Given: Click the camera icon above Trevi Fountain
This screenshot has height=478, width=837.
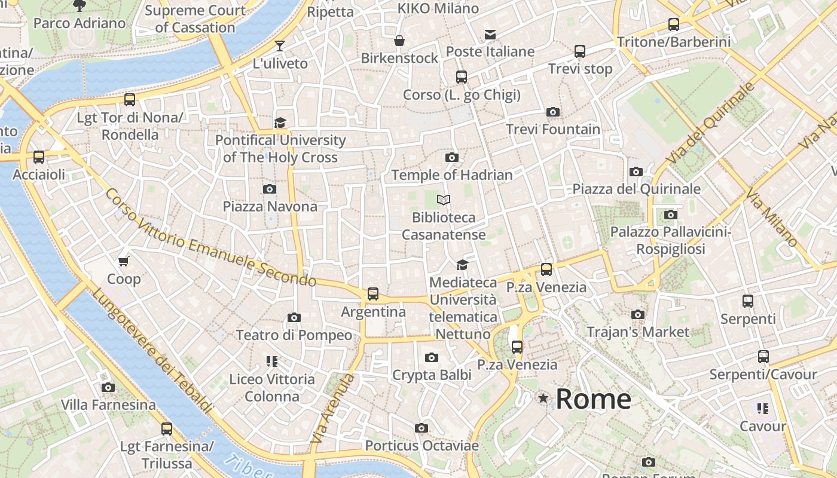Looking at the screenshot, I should pyautogui.click(x=553, y=112).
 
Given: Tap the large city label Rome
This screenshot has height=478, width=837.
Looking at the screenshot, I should pyautogui.click(x=593, y=399).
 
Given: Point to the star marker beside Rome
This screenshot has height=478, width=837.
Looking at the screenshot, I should pyautogui.click(x=543, y=398).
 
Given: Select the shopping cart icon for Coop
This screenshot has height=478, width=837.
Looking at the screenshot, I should pyautogui.click(x=124, y=261).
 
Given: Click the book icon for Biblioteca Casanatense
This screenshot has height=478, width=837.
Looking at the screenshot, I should pyautogui.click(x=443, y=200).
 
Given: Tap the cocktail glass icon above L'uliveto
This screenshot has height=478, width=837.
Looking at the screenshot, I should pyautogui.click(x=280, y=45).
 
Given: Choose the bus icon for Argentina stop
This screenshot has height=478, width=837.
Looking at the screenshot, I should pyautogui.click(x=373, y=293).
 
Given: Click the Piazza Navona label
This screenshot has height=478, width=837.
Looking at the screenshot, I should pyautogui.click(x=270, y=207).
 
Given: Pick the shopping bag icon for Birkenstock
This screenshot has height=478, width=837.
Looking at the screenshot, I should pyautogui.click(x=399, y=41).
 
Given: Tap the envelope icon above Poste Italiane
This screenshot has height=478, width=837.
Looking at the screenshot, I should pyautogui.click(x=490, y=34).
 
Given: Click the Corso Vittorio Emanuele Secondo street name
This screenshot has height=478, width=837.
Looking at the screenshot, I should pyautogui.click(x=209, y=237).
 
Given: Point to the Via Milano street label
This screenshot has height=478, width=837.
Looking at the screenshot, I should pyautogui.click(x=772, y=217).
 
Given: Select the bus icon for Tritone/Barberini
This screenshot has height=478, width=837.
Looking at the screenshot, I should pyautogui.click(x=674, y=24).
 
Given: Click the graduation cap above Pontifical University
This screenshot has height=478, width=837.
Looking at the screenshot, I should pyautogui.click(x=280, y=123).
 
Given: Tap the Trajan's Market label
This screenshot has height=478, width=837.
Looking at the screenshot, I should pyautogui.click(x=638, y=332).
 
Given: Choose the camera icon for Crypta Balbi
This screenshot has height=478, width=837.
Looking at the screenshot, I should pyautogui.click(x=432, y=358).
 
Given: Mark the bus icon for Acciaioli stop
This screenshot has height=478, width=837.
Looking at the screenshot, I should pyautogui.click(x=39, y=157).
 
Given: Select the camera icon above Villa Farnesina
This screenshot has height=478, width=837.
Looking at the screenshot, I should pyautogui.click(x=108, y=387).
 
